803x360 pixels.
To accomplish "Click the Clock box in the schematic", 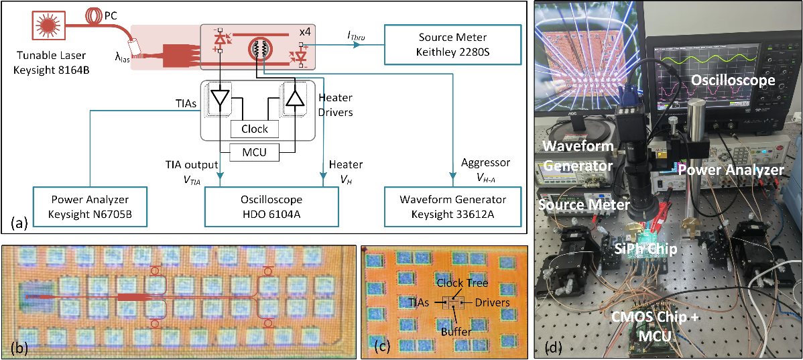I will point(254,129).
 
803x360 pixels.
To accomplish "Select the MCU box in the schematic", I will point(254,153).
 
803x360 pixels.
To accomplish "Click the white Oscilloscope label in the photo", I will point(733,80).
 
